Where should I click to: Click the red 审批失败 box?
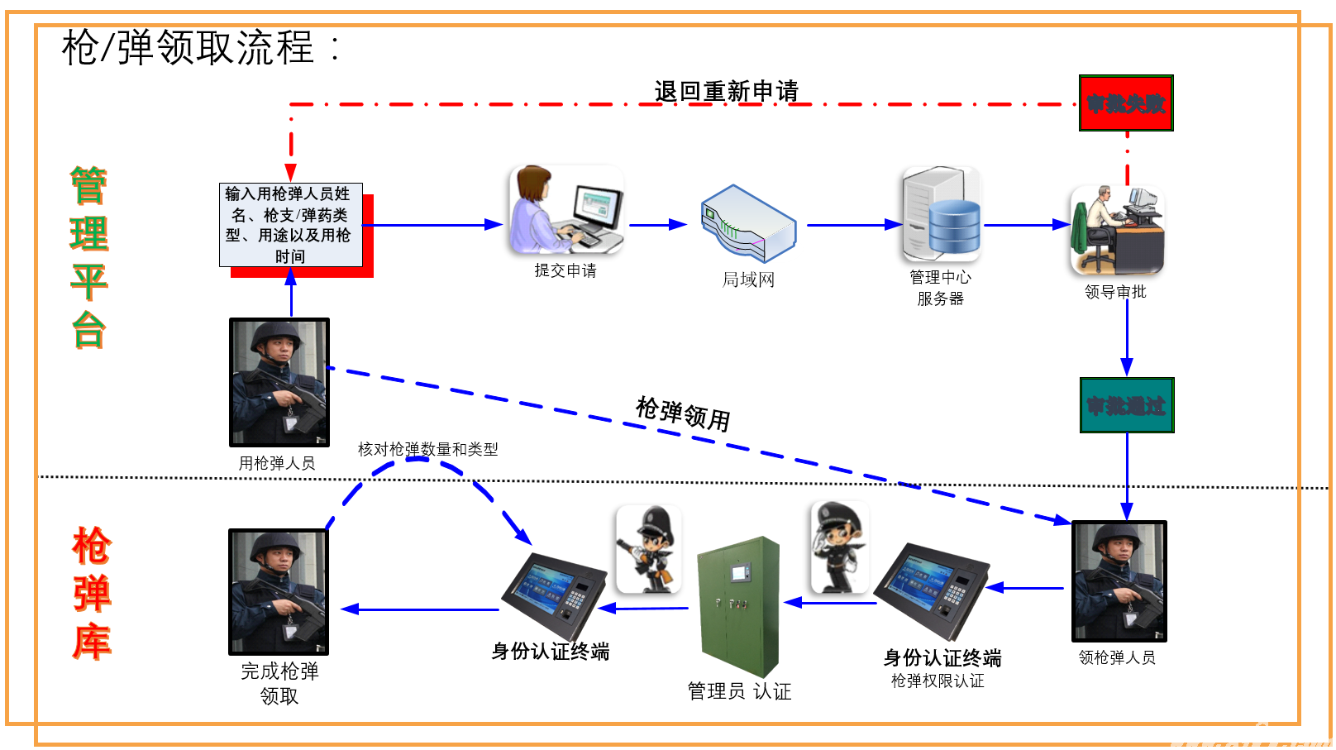[1125, 103]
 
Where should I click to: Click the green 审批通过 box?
[1126, 405]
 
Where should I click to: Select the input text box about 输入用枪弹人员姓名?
[290, 225]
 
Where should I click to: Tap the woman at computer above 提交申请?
[565, 210]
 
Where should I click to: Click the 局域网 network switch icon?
[748, 223]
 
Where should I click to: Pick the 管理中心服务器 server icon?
[941, 214]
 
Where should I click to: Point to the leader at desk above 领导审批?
[1117, 231]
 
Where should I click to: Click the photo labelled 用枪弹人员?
[279, 382]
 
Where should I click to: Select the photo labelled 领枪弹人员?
[1119, 581]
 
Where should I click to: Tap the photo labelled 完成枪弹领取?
[279, 592]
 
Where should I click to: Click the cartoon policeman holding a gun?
[649, 549]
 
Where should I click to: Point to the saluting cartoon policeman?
[840, 547]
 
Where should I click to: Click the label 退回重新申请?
[726, 91]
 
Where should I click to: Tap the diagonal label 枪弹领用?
[683, 413]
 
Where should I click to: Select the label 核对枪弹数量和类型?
[427, 449]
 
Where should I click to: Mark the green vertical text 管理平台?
[88, 257]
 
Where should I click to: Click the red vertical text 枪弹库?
[91, 593]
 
